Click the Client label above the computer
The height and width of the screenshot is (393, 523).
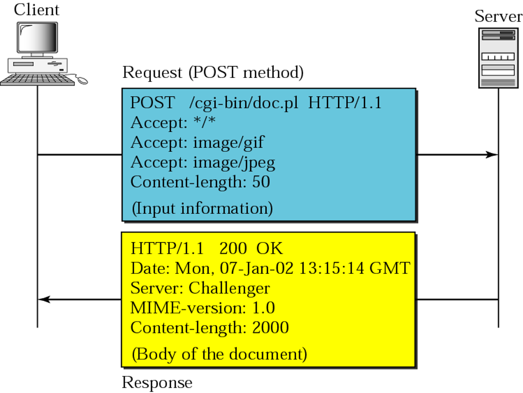click(37, 10)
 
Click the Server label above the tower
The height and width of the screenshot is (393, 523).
click(498, 16)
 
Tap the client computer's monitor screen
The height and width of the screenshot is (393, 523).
click(37, 37)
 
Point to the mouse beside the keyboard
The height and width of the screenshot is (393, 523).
click(82, 80)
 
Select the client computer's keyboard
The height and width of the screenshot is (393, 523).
click(37, 80)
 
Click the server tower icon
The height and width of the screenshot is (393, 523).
click(498, 58)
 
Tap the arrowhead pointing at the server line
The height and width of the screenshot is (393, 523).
click(492, 155)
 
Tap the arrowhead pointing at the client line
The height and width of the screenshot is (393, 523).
click(44, 299)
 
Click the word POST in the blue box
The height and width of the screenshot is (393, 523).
click(152, 103)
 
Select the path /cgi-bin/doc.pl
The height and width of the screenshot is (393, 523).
click(244, 103)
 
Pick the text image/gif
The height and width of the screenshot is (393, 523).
click(229, 143)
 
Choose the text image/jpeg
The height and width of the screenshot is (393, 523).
click(234, 163)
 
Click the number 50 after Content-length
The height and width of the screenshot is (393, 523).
click(261, 182)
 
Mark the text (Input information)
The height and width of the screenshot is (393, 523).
click(202, 209)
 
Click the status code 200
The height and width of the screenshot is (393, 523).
click(233, 249)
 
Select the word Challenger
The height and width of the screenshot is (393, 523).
click(229, 288)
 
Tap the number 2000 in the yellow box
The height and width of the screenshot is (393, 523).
click(271, 328)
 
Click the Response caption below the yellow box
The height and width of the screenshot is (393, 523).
click(157, 383)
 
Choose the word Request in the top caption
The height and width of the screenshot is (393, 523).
click(152, 73)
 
